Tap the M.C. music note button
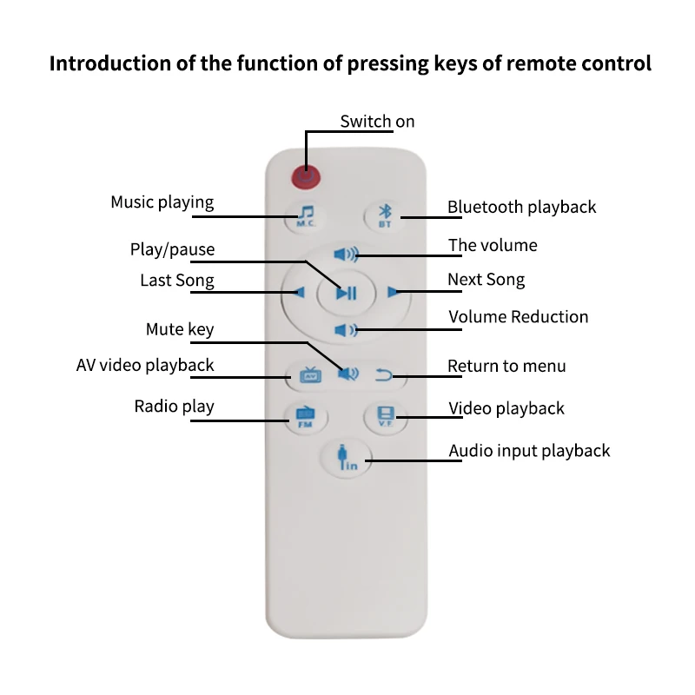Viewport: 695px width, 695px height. click(306, 215)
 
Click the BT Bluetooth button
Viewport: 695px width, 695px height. click(384, 215)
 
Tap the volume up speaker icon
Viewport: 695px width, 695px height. click(346, 255)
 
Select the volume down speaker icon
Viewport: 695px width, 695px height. click(346, 329)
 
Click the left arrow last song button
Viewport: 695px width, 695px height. click(300, 292)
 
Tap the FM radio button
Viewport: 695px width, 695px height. click(306, 416)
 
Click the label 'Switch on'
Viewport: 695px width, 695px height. click(377, 122)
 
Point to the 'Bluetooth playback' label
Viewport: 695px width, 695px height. click(521, 207)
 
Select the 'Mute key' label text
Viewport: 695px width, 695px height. click(179, 329)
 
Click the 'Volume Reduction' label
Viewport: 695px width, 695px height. click(518, 317)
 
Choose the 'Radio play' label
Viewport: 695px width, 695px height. click(174, 407)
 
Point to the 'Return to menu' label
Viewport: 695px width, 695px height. click(506, 366)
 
